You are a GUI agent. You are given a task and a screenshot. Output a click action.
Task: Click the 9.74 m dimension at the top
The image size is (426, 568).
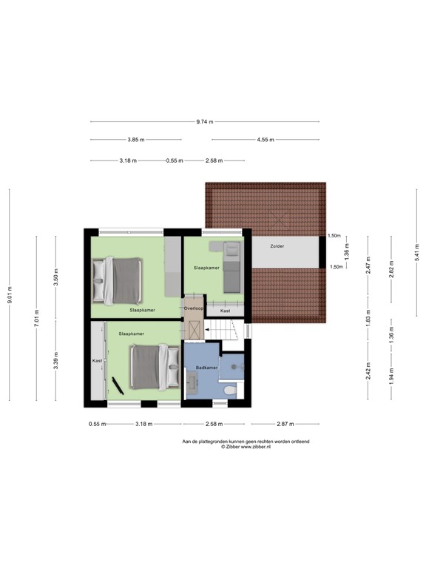pyautogui.click(x=204, y=122)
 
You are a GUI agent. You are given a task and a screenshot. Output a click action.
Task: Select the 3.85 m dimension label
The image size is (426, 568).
pyautogui.click(x=135, y=139)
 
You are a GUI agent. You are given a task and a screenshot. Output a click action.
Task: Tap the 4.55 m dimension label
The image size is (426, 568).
pyautogui.click(x=266, y=139)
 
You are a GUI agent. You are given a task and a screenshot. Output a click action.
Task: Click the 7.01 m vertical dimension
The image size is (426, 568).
pyautogui.click(x=36, y=319)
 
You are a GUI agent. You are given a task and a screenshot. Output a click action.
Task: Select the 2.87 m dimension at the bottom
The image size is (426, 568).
pyautogui.click(x=285, y=424)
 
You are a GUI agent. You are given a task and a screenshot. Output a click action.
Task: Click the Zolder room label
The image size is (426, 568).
pyautogui.click(x=277, y=246)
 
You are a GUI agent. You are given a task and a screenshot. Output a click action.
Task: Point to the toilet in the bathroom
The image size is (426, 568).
pyautogui.click(x=229, y=390)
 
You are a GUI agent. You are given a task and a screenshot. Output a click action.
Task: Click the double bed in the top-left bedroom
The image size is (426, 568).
pyautogui.click(x=116, y=280)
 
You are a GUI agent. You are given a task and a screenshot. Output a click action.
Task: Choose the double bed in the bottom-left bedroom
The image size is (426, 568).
pyautogui.click(x=154, y=368)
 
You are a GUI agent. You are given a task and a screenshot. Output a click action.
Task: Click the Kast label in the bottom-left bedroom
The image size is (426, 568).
pyautogui.click(x=96, y=360)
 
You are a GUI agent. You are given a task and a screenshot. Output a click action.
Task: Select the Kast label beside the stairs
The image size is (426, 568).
pyautogui.click(x=225, y=311)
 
